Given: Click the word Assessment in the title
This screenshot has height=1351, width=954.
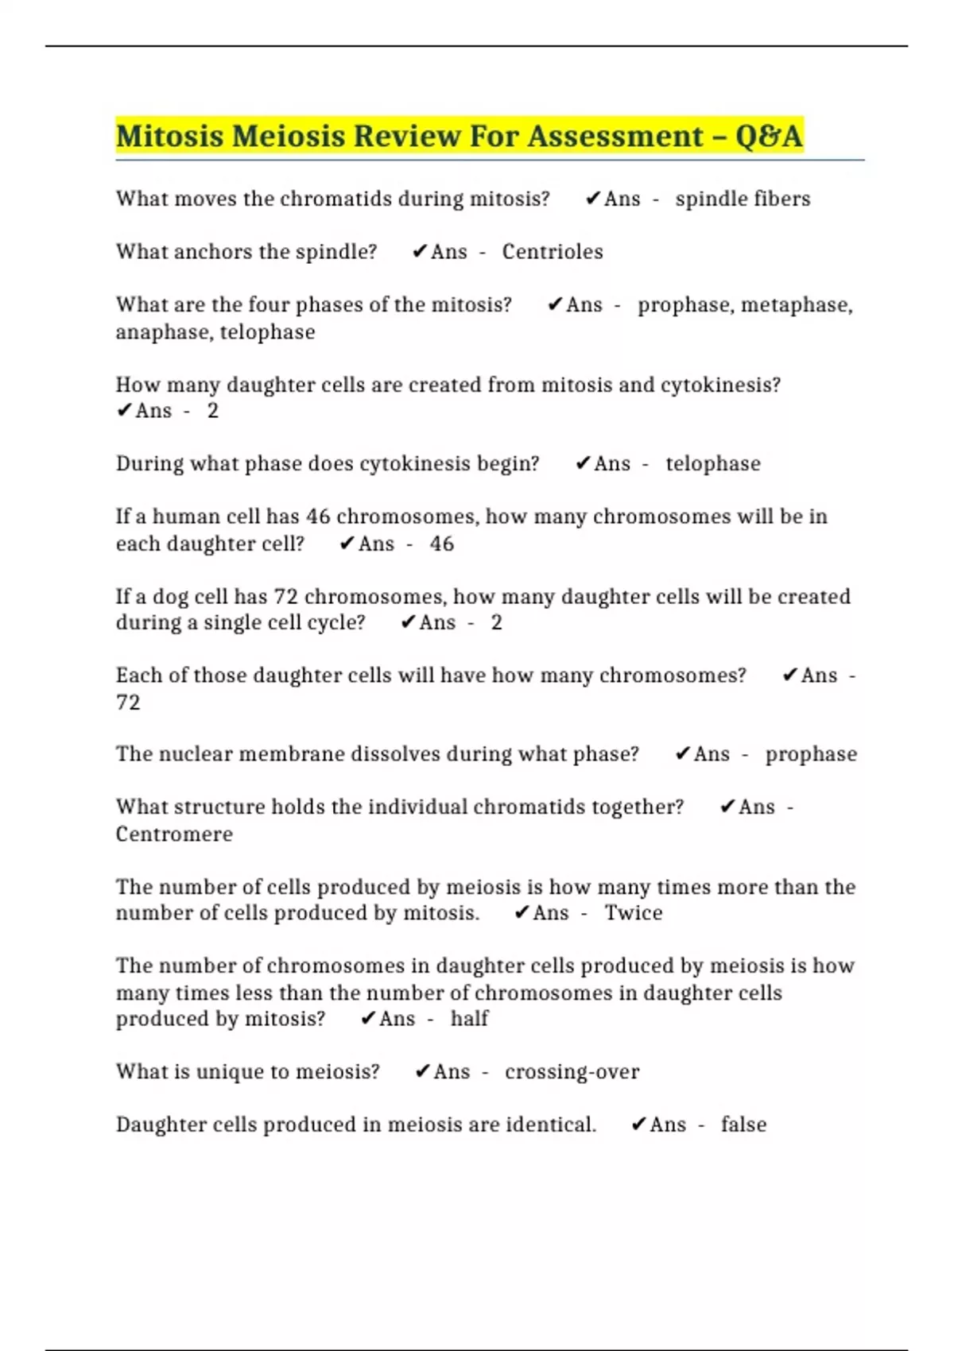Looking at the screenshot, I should tap(615, 136).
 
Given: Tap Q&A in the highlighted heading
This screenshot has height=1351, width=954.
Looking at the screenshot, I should tap(769, 136).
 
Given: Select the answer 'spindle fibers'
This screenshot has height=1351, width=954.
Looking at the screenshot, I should tap(743, 199).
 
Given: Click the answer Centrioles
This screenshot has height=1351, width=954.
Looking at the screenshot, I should tap(553, 252).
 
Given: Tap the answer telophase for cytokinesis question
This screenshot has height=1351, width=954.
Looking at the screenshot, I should tap(713, 464).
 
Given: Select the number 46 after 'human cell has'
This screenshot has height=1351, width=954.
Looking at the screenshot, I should tap(318, 517).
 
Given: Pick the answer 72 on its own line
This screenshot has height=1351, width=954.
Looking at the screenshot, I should tap(128, 703).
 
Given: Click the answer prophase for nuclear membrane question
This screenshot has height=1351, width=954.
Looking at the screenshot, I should tap(811, 754).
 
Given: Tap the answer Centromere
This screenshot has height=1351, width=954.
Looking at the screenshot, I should tap(174, 834).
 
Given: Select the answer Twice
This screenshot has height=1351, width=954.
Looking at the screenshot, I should tap(633, 913).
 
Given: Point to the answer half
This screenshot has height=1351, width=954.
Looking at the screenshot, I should tap(469, 1019).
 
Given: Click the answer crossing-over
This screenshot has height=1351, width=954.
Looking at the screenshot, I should tap(572, 1072).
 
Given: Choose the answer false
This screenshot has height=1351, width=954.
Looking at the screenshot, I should tap(743, 1125).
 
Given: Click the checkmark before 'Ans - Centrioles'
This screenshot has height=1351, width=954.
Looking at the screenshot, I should tap(420, 252).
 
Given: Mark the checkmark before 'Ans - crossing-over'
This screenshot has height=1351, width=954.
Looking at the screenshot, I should tap(423, 1072).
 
